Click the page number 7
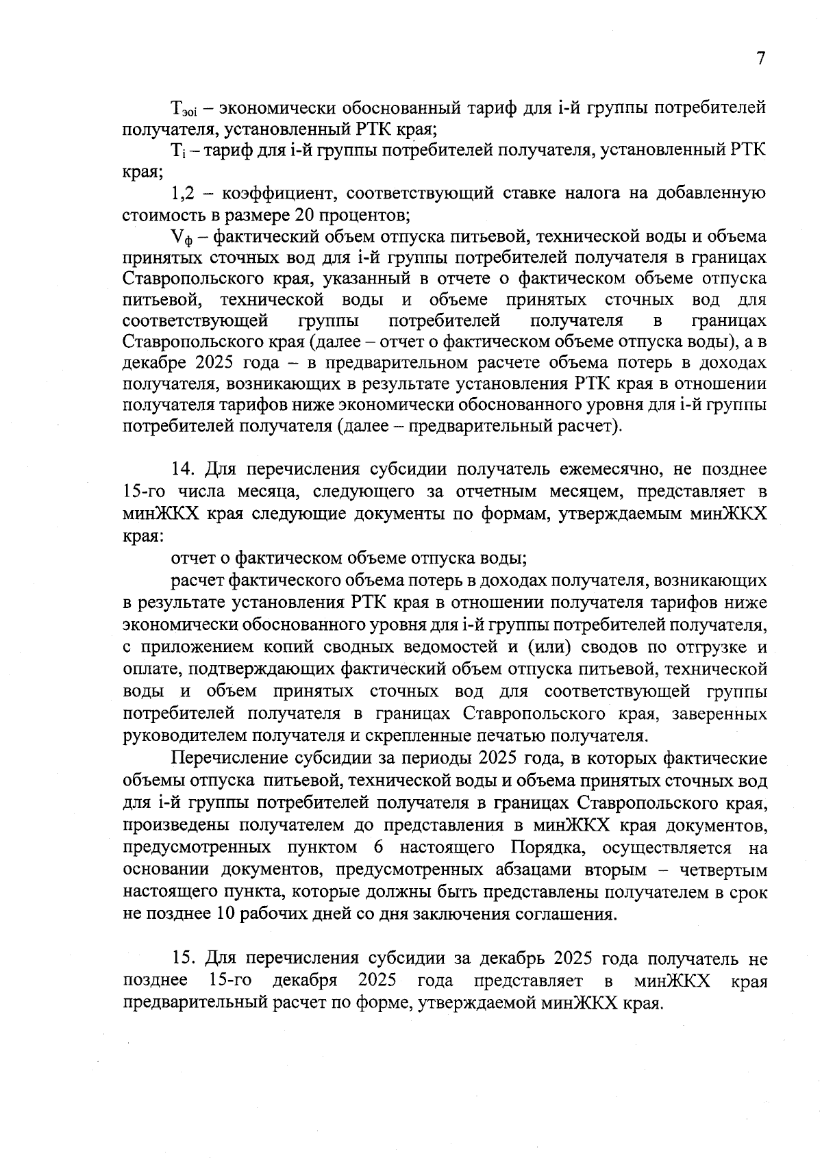(760, 60)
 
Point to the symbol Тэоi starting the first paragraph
(184, 108)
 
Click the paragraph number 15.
(182, 959)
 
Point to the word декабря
(305, 981)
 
